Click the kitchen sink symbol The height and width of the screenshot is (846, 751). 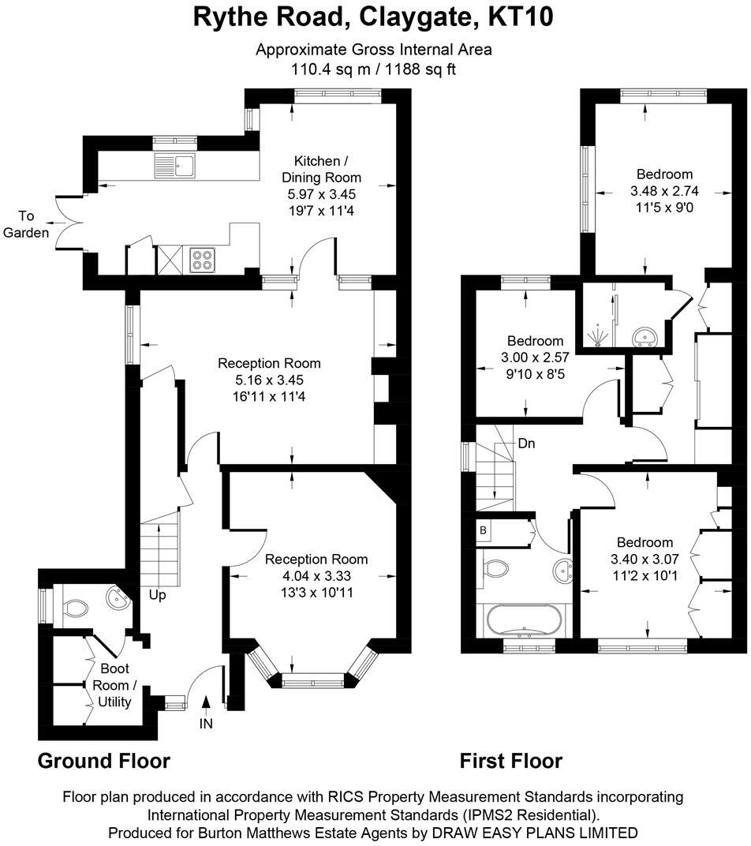[176, 167]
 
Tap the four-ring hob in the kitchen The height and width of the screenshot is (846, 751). [202, 260]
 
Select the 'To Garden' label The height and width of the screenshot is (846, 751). [27, 224]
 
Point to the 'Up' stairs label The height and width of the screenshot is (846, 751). [158, 595]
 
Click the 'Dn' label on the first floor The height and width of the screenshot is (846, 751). [526, 444]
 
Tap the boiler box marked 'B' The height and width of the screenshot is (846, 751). [483, 530]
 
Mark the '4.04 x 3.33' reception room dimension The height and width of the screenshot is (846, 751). [316, 575]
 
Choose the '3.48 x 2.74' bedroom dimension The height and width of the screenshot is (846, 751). [664, 190]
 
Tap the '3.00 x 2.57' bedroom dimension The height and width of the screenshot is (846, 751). [536, 357]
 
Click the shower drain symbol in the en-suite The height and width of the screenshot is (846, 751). [600, 338]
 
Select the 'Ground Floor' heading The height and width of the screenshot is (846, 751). [104, 761]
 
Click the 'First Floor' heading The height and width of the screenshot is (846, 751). [511, 761]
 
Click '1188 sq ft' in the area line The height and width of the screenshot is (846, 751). [420, 69]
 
